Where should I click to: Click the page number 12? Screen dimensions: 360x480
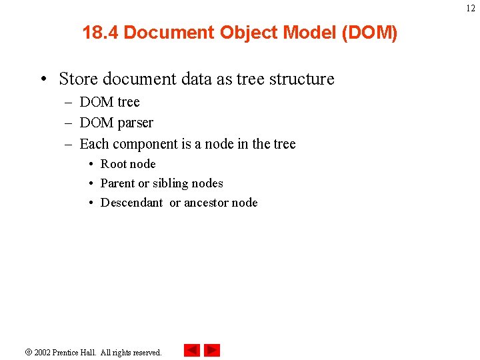click(x=471, y=8)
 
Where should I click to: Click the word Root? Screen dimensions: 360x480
click(x=113, y=164)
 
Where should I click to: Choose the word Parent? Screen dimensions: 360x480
click(x=117, y=183)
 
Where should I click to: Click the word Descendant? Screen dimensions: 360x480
click(x=131, y=203)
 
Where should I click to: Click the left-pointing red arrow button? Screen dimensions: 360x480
click(x=192, y=350)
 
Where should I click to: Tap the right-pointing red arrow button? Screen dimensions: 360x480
click(x=212, y=350)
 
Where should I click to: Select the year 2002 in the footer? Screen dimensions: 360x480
click(x=43, y=352)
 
